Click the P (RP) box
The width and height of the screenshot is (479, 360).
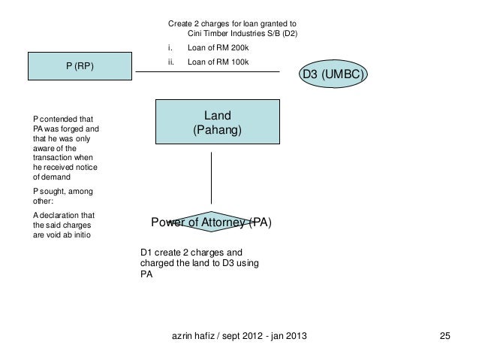tap(80, 66)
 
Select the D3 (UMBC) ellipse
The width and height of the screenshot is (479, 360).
tap(333, 74)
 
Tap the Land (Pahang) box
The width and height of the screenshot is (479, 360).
tap(218, 122)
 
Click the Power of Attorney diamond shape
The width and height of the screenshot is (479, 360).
tap(211, 222)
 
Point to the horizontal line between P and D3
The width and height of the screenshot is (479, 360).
tap(207, 72)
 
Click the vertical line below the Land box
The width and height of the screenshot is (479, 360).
tap(211, 178)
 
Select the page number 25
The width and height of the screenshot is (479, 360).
tap(444, 336)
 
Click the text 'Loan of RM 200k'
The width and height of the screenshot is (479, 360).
tap(218, 47)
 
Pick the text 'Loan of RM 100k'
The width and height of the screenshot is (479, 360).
tap(218, 62)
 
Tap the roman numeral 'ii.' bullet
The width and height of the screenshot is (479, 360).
tap(170, 62)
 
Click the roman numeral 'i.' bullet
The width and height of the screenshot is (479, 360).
tap(170, 47)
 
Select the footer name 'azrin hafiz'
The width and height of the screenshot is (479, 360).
tap(193, 336)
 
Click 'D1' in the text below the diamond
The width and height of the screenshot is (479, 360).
tap(146, 253)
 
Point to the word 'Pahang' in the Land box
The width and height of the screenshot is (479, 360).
tap(217, 130)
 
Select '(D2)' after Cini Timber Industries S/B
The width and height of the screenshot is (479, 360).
tap(290, 33)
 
